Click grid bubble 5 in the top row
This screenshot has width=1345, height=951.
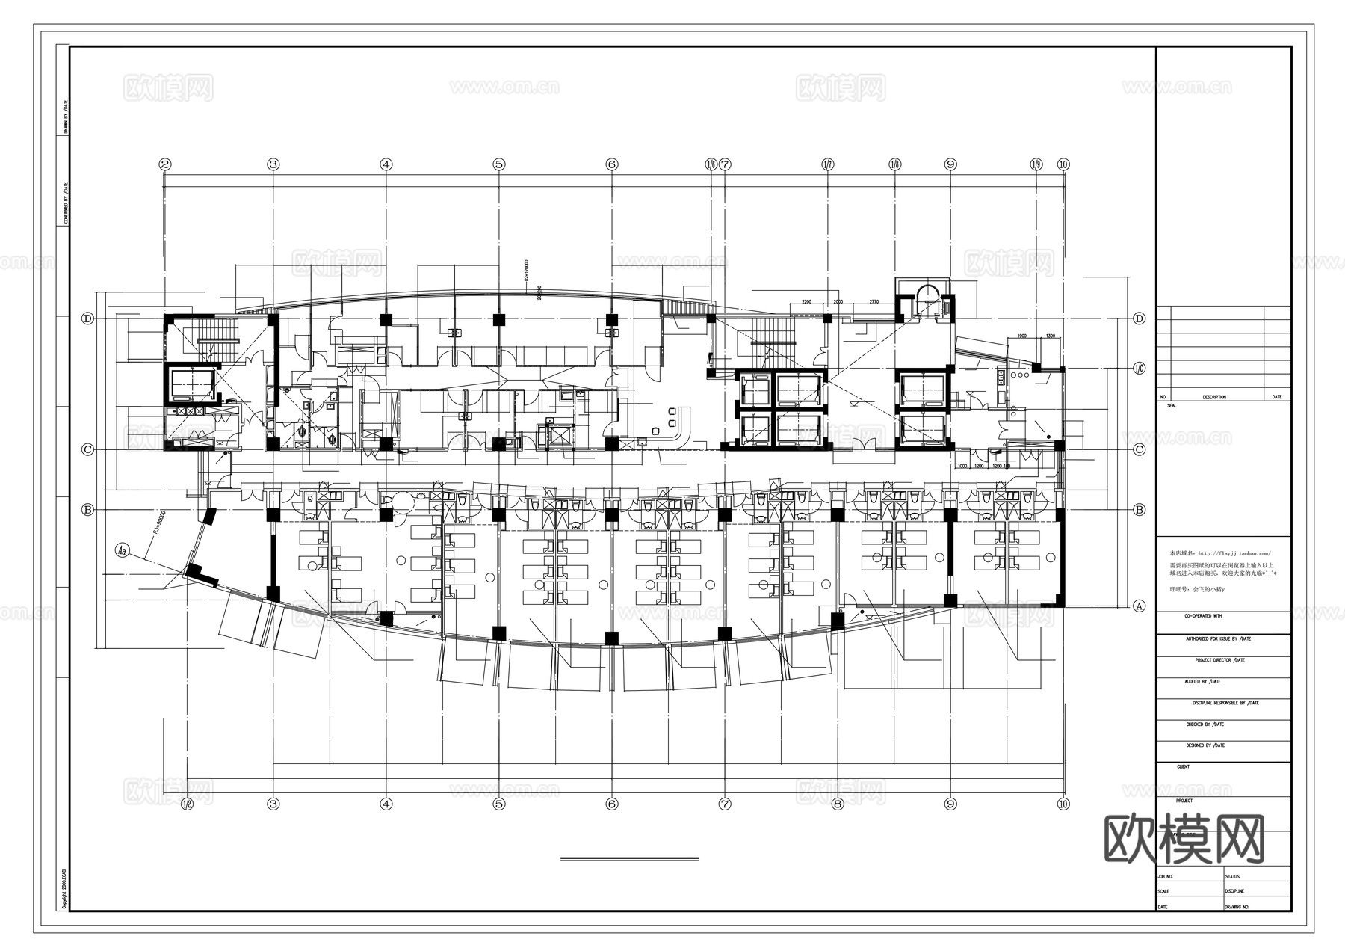(499, 164)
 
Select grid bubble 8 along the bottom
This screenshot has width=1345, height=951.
(838, 804)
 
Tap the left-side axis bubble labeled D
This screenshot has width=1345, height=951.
(88, 318)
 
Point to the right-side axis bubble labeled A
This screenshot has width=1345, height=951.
(1139, 606)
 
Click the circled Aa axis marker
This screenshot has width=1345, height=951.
(123, 550)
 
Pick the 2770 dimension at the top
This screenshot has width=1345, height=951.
(874, 302)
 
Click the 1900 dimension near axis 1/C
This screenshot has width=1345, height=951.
(1021, 336)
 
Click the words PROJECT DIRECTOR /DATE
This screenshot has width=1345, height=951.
(1219, 661)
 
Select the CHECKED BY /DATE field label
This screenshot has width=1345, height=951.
(1205, 724)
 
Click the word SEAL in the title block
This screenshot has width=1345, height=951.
(1171, 406)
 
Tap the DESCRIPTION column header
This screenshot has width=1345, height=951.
(1213, 397)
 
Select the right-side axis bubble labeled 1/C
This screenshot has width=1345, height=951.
(1139, 368)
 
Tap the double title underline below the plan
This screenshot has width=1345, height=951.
(629, 859)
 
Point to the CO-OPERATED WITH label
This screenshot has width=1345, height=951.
(1202, 616)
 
